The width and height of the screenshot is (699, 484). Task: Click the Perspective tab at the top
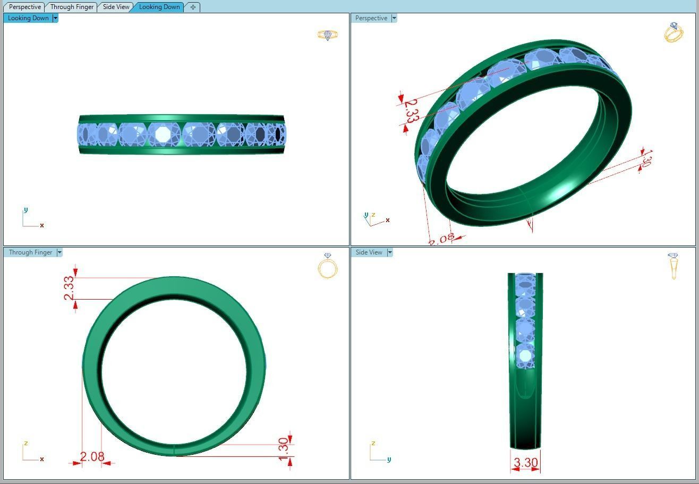[24, 7]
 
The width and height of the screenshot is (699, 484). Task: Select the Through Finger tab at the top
[72, 7]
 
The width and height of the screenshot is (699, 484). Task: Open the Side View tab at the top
[116, 7]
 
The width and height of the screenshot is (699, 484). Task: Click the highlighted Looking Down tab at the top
[159, 7]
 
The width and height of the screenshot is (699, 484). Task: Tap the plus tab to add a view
[193, 7]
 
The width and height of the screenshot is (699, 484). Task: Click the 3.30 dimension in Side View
[525, 463]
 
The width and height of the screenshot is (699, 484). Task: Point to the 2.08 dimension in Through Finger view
[92, 456]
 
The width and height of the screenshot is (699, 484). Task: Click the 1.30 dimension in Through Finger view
[284, 449]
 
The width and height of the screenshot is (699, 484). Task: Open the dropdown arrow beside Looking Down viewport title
[55, 18]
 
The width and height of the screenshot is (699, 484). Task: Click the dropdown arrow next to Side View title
[390, 252]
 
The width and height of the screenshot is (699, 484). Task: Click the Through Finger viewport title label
[30, 252]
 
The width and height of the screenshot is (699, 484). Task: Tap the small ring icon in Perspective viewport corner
[674, 32]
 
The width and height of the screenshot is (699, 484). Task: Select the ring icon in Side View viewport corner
[674, 266]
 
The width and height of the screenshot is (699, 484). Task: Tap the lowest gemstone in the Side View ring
[525, 356]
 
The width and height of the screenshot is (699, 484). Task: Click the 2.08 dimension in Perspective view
[441, 239]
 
